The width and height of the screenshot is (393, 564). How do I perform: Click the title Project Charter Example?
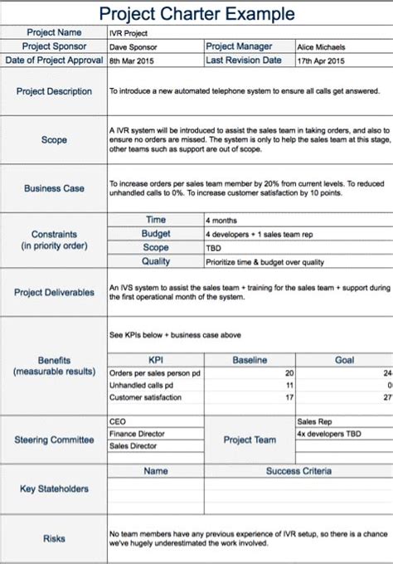coord(196,14)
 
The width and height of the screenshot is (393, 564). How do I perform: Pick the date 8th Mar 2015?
coord(133,60)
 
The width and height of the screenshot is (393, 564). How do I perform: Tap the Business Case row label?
coord(54,188)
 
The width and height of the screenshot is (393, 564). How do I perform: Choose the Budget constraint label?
coord(156,234)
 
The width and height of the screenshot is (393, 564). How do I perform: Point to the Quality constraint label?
coord(156,260)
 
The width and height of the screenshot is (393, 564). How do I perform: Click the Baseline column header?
coord(249,360)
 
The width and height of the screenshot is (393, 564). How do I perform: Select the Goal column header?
coord(344,360)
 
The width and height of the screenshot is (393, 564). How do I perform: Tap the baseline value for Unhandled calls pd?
coord(289,386)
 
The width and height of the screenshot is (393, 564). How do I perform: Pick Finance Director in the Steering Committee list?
coord(138,433)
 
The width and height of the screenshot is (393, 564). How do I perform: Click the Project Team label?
coord(249,440)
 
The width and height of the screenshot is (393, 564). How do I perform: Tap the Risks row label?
coord(54,538)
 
